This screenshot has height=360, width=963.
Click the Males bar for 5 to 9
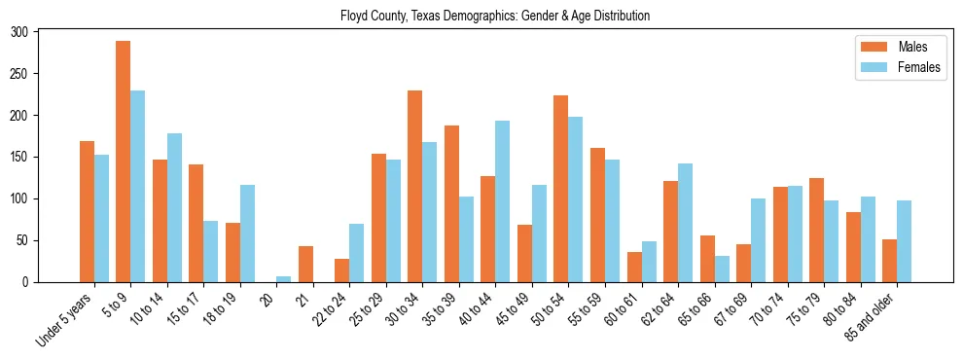pos(124,162)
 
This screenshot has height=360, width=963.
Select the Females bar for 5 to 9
pos(138,186)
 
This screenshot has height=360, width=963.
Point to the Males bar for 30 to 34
pos(415,186)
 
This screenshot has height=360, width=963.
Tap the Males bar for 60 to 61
pos(634,267)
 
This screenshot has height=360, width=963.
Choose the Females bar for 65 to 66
pos(722,269)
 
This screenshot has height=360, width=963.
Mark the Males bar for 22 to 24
pos(342,270)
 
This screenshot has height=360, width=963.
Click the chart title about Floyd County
pos(495,17)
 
